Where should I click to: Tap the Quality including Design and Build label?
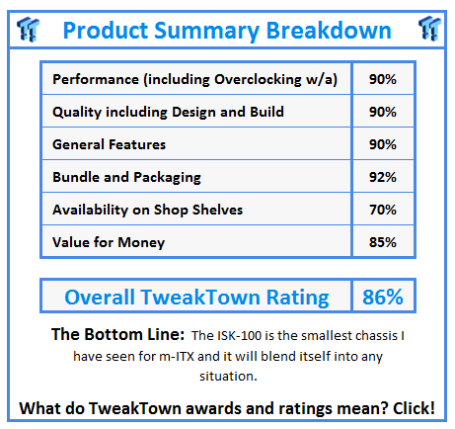click(168, 112)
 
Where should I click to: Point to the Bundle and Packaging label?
click(126, 177)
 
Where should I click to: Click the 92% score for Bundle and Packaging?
click(382, 177)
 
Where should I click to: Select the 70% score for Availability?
click(382, 210)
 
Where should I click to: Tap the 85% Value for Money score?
click(382, 241)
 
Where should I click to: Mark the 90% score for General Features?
click(382, 144)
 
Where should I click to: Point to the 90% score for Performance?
click(382, 80)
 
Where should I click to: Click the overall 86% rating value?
click(382, 297)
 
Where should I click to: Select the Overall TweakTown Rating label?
click(195, 297)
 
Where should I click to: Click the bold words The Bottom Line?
click(118, 334)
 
